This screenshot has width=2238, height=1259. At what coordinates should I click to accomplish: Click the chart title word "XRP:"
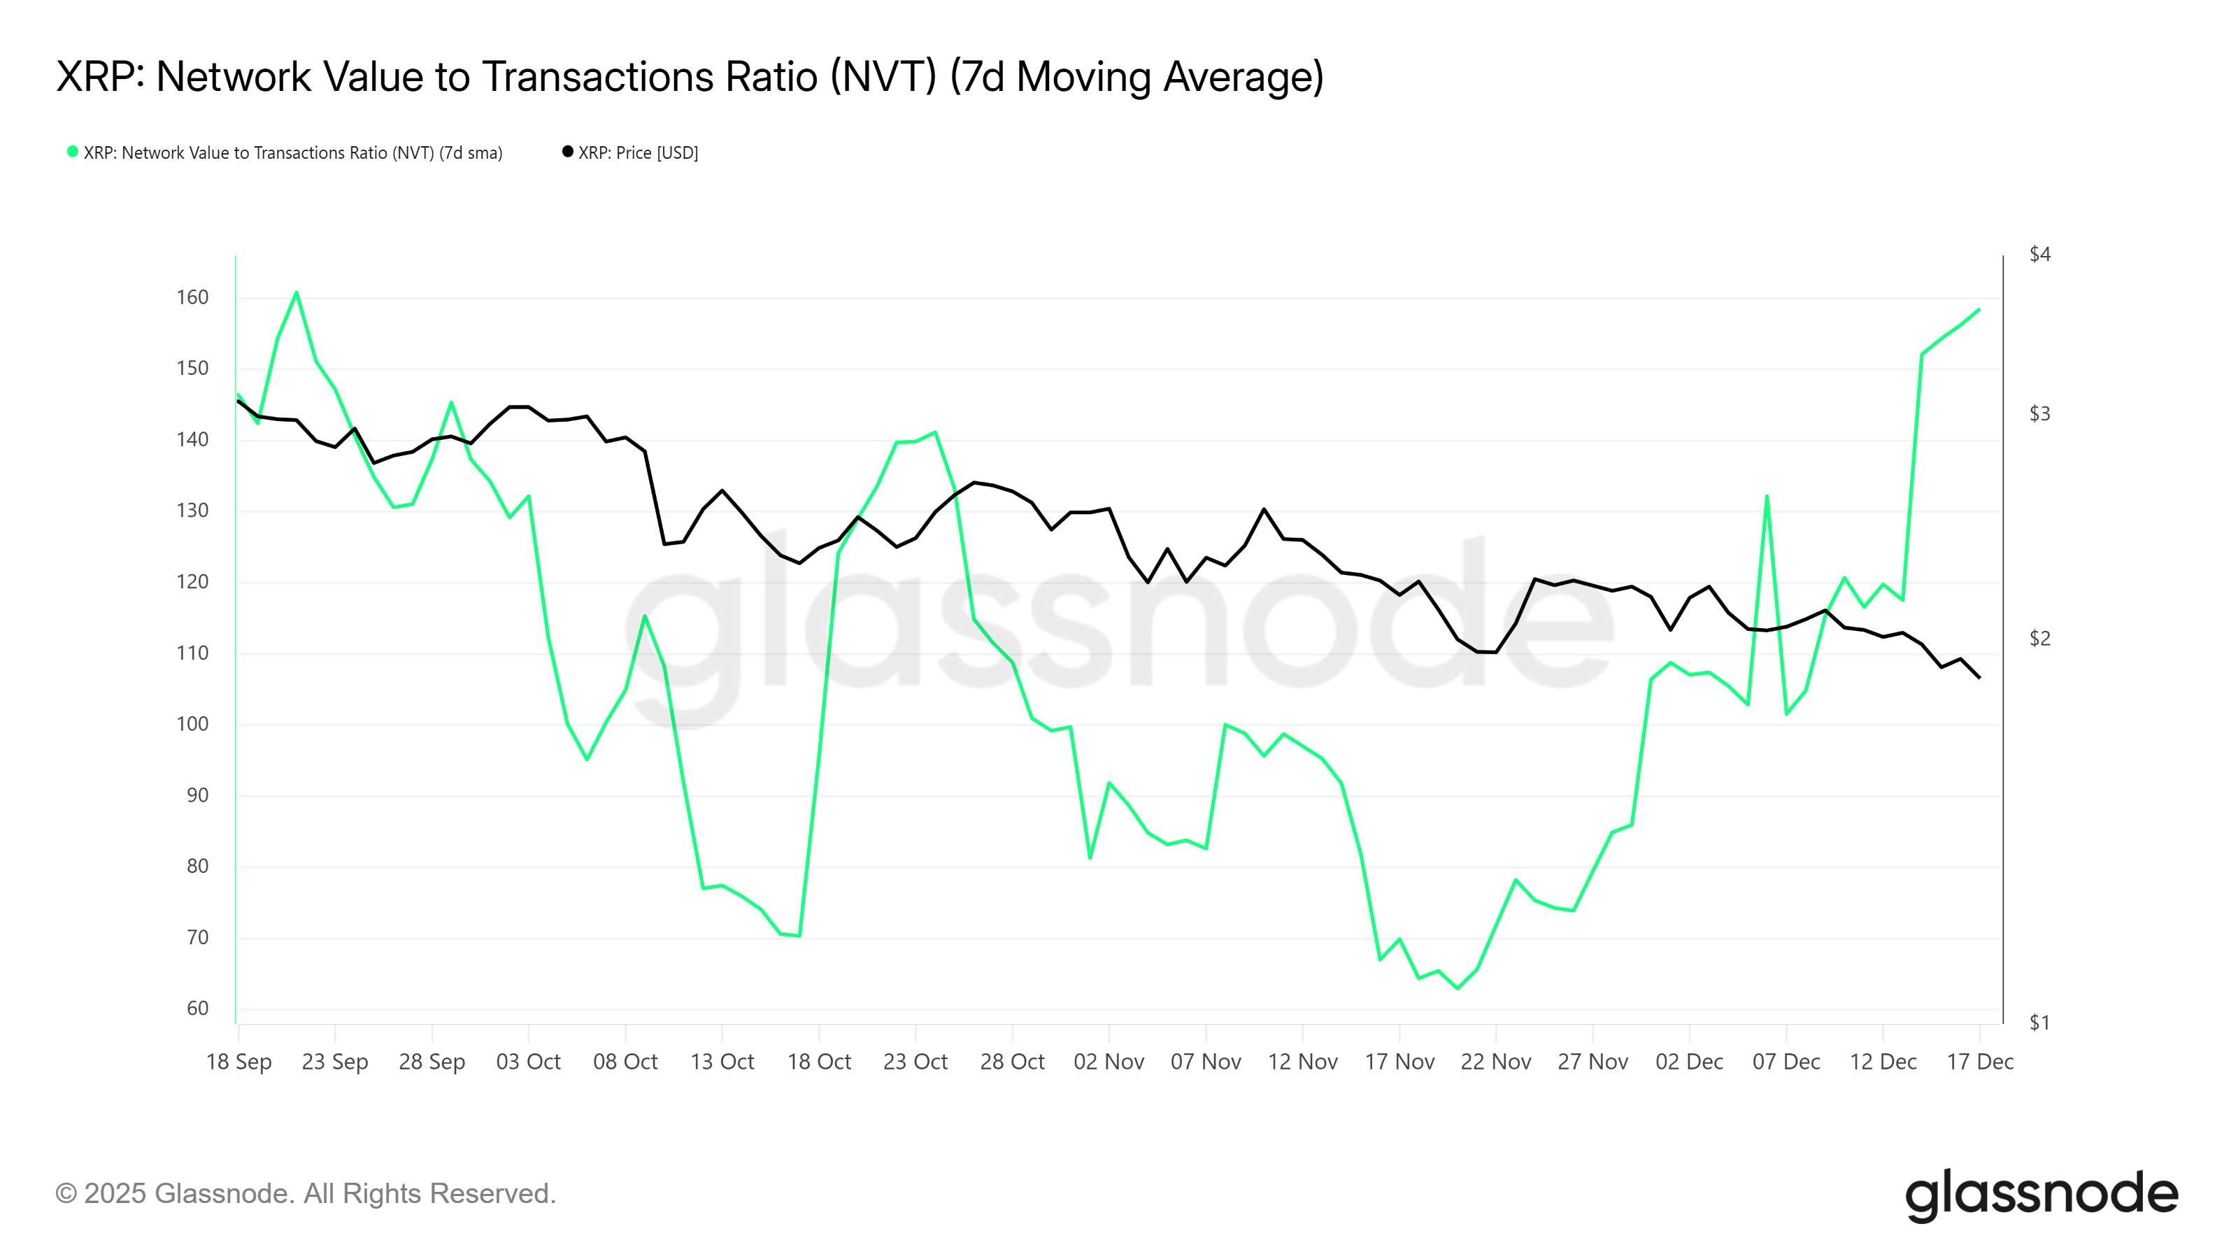tap(97, 78)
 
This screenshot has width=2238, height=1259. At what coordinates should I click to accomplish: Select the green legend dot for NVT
tap(73, 152)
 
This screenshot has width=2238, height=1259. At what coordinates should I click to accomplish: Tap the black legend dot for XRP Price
tap(567, 152)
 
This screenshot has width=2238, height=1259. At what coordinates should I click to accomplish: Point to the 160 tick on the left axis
tap(192, 298)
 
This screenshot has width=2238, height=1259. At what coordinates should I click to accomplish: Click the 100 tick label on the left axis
tap(192, 725)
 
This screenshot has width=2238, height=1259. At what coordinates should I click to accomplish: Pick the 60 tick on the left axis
tap(197, 1009)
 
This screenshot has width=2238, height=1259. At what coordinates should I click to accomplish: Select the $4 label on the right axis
tap(2039, 255)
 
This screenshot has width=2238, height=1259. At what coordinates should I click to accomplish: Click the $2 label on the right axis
tap(2039, 639)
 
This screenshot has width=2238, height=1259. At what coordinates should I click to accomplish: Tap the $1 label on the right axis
tap(2039, 1023)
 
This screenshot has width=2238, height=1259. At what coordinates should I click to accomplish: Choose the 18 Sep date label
tap(239, 1062)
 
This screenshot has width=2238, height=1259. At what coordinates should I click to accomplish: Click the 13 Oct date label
tap(722, 1062)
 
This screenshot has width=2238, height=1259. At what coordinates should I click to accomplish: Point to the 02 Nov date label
tap(1109, 1062)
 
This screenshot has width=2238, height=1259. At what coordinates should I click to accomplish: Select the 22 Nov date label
tap(1495, 1062)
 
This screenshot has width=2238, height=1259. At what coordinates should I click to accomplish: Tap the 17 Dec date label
tap(1980, 1062)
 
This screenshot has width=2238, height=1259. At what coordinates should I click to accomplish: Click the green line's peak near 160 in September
tap(297, 293)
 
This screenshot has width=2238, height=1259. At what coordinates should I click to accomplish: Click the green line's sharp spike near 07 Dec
tap(1766, 497)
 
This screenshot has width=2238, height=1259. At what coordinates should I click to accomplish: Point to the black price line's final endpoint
tap(1979, 678)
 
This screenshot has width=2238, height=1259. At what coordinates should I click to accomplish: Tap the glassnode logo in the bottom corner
tap(2041, 1195)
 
